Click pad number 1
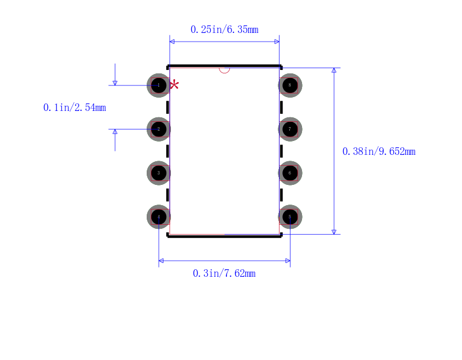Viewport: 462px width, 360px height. coord(159,86)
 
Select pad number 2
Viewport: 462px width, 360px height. coord(159,129)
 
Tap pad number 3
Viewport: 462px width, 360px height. coord(159,173)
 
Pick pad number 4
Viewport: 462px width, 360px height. coord(159,217)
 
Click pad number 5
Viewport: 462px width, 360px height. coord(290,217)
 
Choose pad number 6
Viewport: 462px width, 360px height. coord(290,173)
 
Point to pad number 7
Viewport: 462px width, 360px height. coord(290,129)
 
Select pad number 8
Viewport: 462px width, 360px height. coord(290,86)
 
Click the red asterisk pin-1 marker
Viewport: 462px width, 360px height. coord(174,85)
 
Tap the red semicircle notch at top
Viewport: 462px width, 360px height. coord(225,70)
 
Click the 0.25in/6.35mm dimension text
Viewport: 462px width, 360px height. coord(225,29)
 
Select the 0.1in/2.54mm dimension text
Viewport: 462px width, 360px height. coord(74,107)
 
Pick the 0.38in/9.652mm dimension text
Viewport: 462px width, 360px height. coord(379,151)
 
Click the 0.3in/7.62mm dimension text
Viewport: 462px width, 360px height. coord(224,273)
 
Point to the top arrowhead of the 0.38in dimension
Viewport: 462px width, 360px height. coord(334,70)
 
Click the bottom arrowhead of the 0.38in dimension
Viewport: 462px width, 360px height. coord(334,232)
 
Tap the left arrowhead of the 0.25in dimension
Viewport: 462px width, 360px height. coord(172,42)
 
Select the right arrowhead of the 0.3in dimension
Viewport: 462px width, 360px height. coord(288,261)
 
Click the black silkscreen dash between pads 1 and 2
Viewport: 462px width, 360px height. coord(167,107)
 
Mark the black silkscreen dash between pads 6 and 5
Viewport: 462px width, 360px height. coord(281,195)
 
